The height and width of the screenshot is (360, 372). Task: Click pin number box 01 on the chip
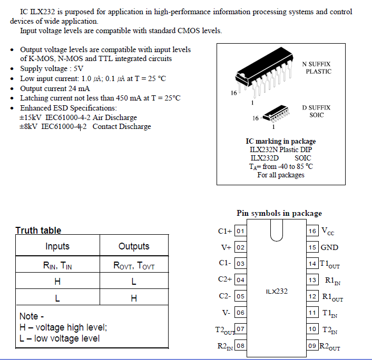click(240, 231)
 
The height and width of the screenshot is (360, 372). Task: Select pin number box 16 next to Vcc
click(313, 231)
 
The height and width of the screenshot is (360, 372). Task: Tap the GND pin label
click(330, 247)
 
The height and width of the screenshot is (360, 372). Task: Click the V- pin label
click(226, 313)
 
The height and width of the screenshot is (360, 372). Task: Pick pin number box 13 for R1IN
click(313, 280)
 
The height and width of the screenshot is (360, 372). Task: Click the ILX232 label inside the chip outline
click(277, 291)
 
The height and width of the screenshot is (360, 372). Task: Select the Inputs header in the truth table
click(57, 246)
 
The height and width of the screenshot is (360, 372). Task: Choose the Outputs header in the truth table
click(134, 246)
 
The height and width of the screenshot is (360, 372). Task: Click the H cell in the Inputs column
click(57, 282)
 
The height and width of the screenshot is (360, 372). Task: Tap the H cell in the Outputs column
click(134, 298)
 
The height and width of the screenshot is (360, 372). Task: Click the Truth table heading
click(38, 231)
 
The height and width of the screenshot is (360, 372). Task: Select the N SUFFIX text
click(316, 64)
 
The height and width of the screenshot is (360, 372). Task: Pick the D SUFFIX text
click(316, 107)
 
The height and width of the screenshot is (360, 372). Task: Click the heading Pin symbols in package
click(279, 213)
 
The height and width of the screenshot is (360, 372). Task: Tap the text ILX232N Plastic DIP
click(281, 149)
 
